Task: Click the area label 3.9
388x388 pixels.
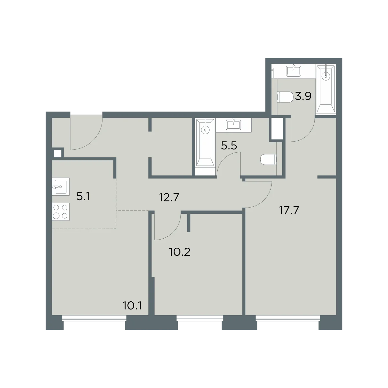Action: click(x=303, y=96)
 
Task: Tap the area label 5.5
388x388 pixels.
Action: click(x=229, y=145)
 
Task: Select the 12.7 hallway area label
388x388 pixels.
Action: click(x=169, y=197)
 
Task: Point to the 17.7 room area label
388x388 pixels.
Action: click(x=289, y=210)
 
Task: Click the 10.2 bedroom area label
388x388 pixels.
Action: click(x=180, y=252)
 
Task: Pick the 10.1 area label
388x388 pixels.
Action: click(x=132, y=306)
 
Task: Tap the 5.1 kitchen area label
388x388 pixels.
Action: click(x=83, y=196)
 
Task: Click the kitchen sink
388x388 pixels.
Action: click(x=60, y=187)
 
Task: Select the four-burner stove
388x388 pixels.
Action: click(x=60, y=211)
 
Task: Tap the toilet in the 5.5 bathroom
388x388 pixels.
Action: click(x=268, y=160)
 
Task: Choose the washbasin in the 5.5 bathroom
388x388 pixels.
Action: click(x=233, y=125)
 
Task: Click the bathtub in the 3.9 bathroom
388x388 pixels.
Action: click(x=326, y=89)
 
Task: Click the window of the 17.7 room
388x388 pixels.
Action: click(x=288, y=323)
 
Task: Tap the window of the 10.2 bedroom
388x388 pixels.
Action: click(x=200, y=323)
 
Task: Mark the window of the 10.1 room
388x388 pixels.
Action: click(x=94, y=323)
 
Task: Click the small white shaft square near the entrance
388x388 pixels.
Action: click(x=58, y=154)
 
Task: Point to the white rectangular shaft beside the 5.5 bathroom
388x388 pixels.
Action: click(x=277, y=128)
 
